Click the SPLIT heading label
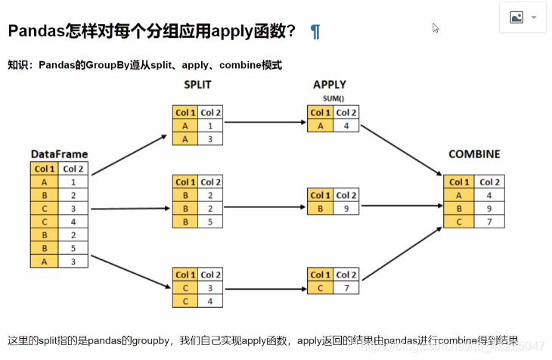point(197,85)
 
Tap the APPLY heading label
point(330,85)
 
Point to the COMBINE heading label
point(474,154)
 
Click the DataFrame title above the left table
point(59,154)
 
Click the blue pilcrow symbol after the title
point(315,32)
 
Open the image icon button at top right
point(516,17)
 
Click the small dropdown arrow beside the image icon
point(535,17)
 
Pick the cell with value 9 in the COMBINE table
point(489,208)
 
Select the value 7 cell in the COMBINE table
point(489,221)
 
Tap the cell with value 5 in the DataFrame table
point(73,247)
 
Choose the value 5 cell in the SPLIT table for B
point(211,222)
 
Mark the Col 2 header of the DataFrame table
point(73,169)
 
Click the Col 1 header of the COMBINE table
point(459,182)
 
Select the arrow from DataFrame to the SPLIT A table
point(129,155)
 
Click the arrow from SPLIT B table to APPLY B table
point(265,206)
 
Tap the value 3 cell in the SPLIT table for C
point(211,288)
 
